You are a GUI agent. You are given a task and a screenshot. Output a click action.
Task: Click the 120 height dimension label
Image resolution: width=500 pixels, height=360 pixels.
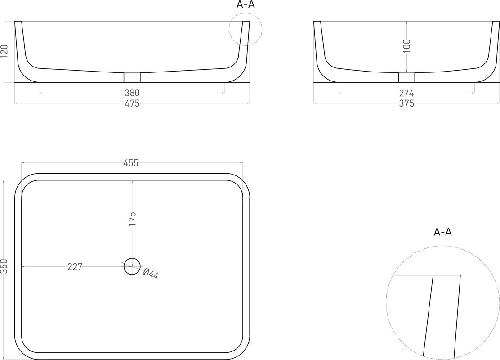coord(4,52)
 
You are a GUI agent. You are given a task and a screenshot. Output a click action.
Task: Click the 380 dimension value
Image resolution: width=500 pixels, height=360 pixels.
coord(132,93)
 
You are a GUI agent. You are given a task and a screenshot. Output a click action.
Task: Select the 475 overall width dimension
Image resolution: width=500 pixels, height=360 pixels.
coord(132,103)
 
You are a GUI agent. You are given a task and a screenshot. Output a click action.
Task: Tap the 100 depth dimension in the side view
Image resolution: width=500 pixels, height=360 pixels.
coord(406,46)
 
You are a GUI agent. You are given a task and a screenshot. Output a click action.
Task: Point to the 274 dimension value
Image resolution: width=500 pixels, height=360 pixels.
coord(406,93)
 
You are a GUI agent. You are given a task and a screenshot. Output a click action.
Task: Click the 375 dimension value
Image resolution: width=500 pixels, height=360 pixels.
coord(406,103)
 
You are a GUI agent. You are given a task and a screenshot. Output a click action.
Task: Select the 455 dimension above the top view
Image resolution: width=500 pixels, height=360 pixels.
coord(131,163)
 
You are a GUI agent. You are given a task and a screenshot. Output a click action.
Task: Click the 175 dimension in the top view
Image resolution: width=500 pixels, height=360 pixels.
coord(132,219)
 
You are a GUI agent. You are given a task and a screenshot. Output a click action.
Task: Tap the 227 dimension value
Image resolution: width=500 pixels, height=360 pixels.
coord(75,266)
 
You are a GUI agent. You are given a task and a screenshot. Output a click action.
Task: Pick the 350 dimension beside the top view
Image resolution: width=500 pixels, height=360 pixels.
coord(4,266)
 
